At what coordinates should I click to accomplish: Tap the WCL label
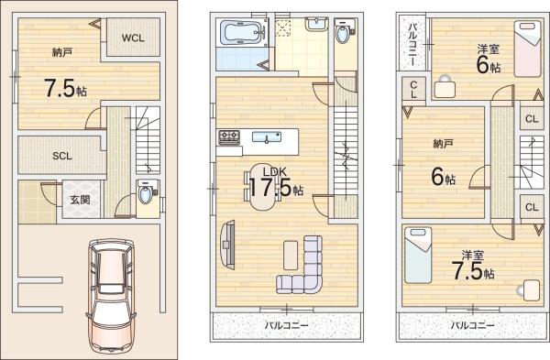click(x=134, y=38)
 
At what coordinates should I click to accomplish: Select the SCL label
click(x=61, y=156)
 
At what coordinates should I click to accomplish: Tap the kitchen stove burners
click(x=228, y=137)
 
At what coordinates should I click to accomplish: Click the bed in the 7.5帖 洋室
click(x=421, y=246)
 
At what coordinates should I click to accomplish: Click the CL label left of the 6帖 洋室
click(x=413, y=90)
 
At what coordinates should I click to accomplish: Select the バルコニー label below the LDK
click(x=286, y=325)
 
